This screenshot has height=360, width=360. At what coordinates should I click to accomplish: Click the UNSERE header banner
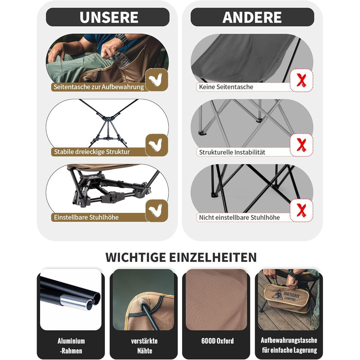[x=107, y=17]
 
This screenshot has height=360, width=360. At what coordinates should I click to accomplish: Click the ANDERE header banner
[x=252, y=17]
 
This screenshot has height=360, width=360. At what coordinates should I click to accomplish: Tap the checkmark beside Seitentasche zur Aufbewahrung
[x=156, y=80]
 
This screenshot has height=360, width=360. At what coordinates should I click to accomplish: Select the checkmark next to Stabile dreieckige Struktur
[x=156, y=145]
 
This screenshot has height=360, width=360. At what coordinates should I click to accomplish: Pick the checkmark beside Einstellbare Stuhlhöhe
[x=156, y=210]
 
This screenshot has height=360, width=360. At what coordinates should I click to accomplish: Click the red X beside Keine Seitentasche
[x=301, y=80]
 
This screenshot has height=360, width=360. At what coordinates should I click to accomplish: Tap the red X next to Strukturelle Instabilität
[x=301, y=145]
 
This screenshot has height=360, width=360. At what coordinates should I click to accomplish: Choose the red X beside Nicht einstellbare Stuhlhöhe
[x=301, y=210]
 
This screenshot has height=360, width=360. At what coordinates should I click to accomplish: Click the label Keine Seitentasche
[x=226, y=87]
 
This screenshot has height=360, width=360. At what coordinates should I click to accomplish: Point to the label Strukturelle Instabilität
[x=232, y=152]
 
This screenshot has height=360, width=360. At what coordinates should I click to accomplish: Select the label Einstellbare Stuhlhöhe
[x=86, y=217]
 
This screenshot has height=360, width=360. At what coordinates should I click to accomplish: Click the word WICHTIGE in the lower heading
[x=136, y=257]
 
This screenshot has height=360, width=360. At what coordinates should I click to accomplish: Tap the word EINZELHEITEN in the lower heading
[x=213, y=257]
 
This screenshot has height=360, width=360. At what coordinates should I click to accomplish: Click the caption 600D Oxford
[x=218, y=341]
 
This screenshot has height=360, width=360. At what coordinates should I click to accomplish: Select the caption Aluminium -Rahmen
[x=71, y=346]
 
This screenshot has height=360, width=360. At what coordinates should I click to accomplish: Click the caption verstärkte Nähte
[x=144, y=346]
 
